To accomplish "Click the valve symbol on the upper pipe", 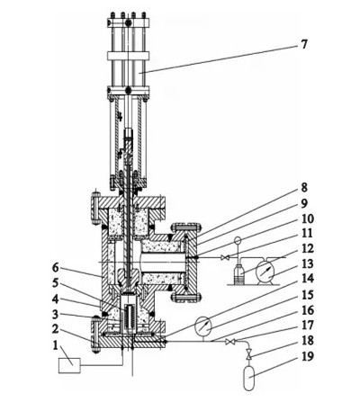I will pyautogui.click(x=224, y=259).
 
